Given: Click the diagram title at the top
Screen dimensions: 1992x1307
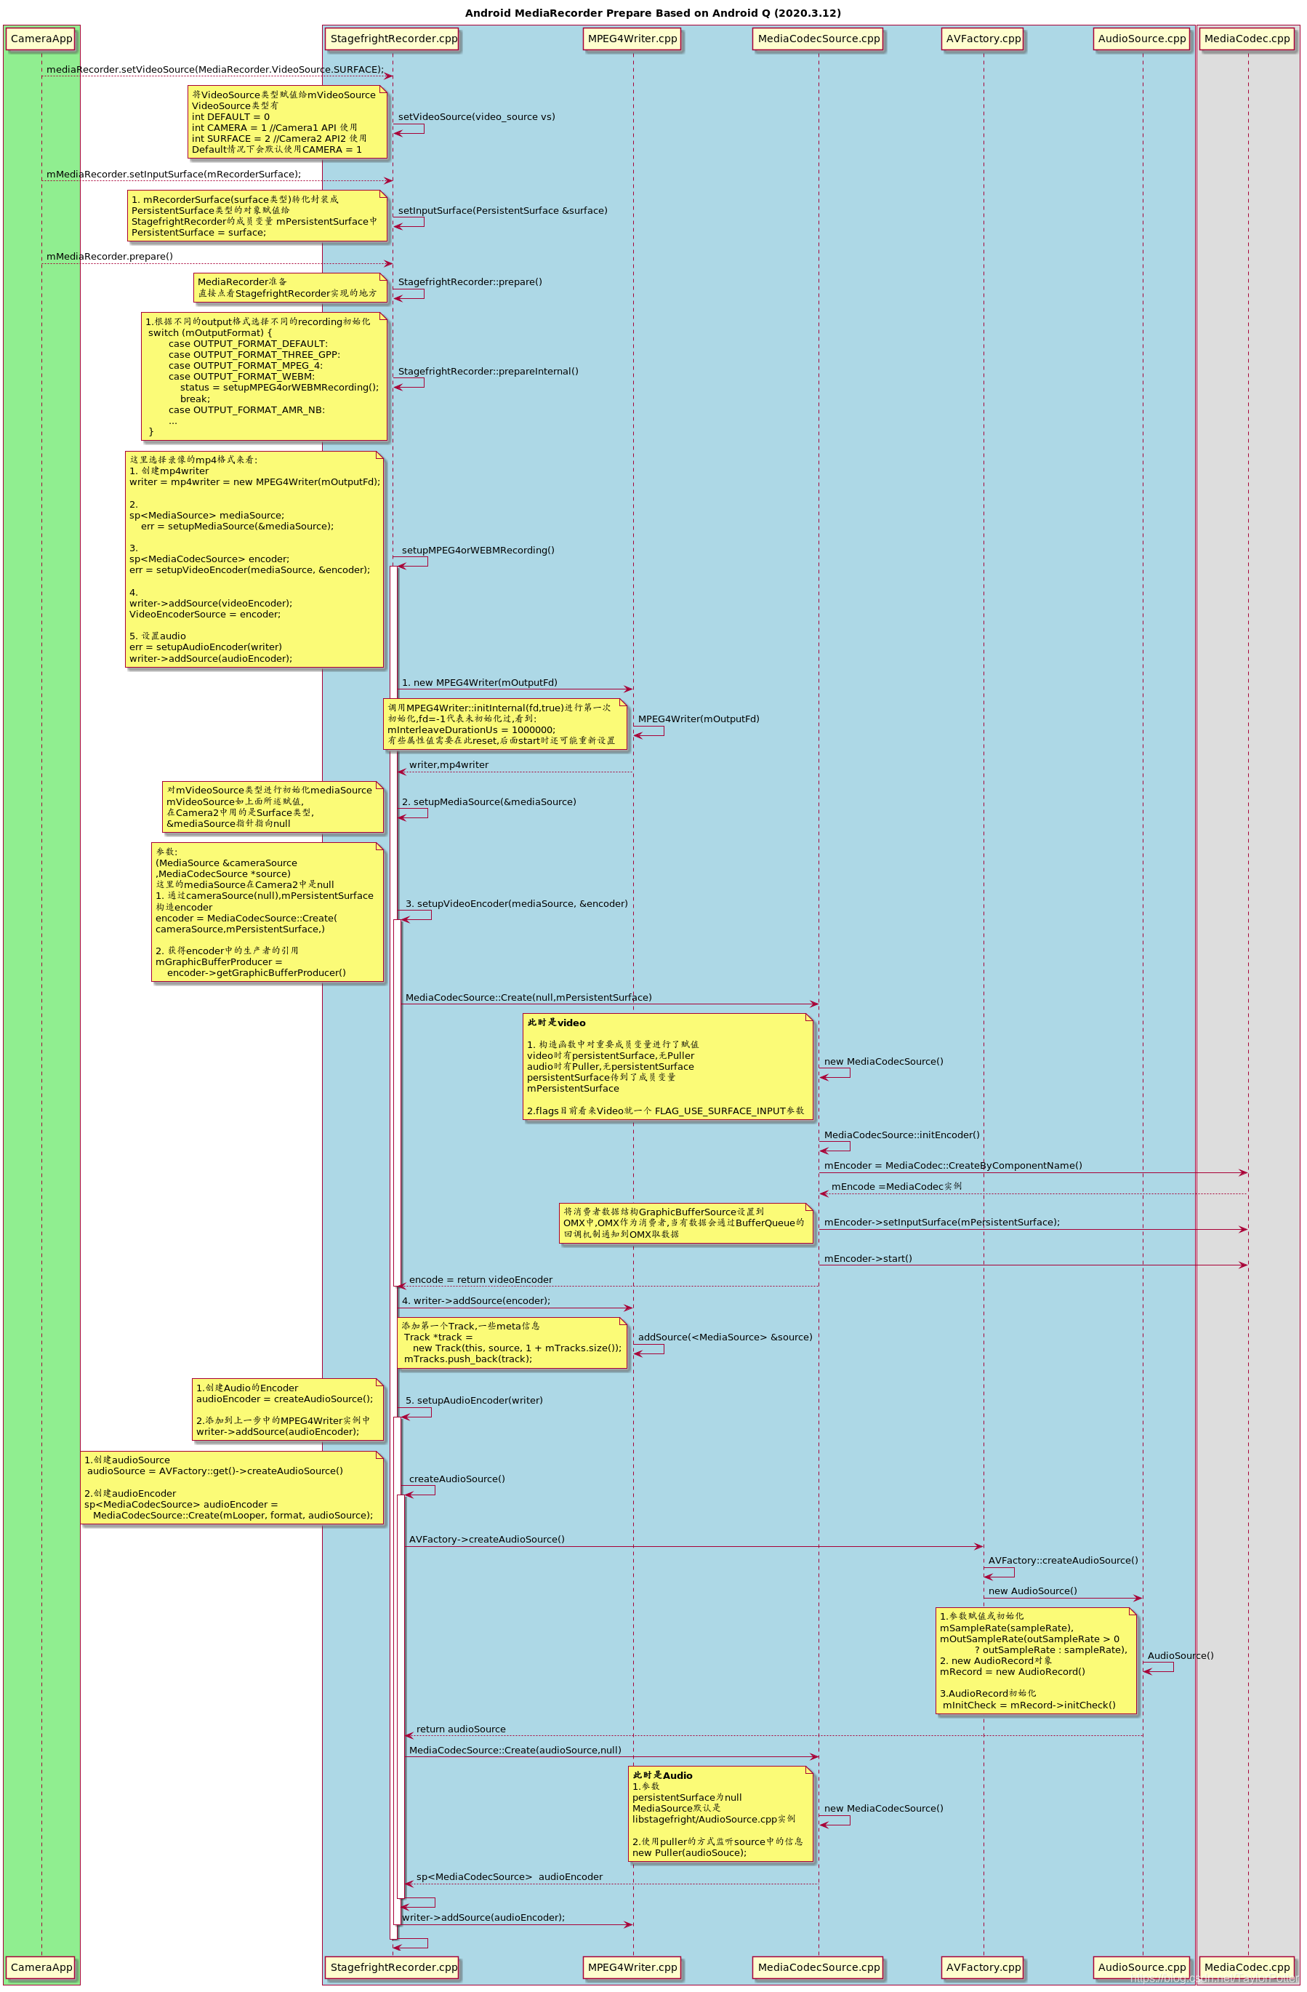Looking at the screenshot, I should coord(653,12).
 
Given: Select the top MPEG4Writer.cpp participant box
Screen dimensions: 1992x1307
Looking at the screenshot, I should coord(632,39).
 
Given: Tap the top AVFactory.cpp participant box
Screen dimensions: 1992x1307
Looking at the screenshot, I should coord(984,39).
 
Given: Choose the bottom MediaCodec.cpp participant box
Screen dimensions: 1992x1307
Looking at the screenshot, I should coord(1247,1967).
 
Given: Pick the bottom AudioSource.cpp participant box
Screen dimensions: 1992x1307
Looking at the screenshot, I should coord(1141,1967).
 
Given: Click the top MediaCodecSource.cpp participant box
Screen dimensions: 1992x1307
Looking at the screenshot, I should coord(819,39).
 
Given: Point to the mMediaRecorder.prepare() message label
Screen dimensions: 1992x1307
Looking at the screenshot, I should coord(110,256).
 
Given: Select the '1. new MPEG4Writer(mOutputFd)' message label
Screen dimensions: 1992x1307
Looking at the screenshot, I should coord(480,682).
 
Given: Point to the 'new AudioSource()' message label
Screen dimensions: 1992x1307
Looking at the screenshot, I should coord(1032,1591).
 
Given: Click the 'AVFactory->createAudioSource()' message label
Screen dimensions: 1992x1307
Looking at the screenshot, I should coord(486,1539).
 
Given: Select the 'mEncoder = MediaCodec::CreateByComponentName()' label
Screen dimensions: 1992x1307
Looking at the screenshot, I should coord(952,1166).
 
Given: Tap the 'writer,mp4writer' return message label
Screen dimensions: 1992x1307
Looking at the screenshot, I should coord(449,765).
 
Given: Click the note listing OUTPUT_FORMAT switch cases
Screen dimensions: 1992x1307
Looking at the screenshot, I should coord(265,376).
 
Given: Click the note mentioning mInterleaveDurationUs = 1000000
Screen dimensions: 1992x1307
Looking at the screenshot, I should coord(504,724).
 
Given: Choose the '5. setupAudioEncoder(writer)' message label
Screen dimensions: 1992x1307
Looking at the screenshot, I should coord(474,1400).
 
